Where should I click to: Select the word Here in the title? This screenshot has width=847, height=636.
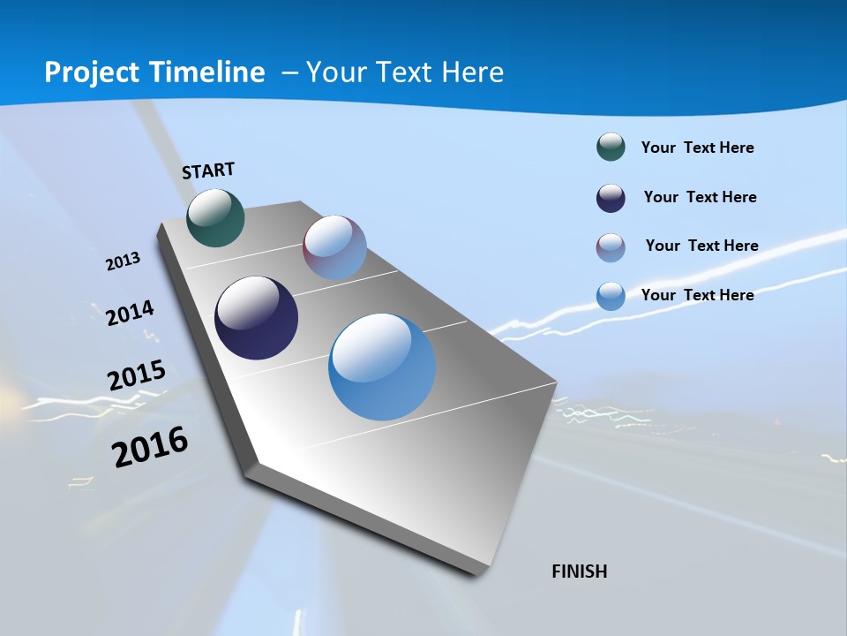pyautogui.click(x=473, y=72)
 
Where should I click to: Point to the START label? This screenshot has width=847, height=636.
pyautogui.click(x=208, y=170)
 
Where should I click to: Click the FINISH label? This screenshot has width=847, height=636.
pyautogui.click(x=580, y=572)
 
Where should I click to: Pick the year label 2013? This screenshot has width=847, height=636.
pyautogui.click(x=123, y=261)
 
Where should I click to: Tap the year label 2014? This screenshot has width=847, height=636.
pyautogui.click(x=130, y=313)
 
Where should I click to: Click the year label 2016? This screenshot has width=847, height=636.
pyautogui.click(x=150, y=447)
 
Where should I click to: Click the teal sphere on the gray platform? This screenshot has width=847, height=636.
pyautogui.click(x=215, y=217)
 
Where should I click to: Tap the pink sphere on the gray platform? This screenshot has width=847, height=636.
pyautogui.click(x=334, y=247)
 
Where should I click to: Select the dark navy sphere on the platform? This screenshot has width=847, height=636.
pyautogui.click(x=257, y=318)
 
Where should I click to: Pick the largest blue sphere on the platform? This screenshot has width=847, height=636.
pyautogui.click(x=382, y=367)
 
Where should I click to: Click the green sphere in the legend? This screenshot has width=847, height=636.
pyautogui.click(x=611, y=147)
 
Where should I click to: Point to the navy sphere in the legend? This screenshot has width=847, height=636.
pyautogui.click(x=611, y=198)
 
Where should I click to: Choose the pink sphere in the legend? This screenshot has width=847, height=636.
pyautogui.click(x=611, y=247)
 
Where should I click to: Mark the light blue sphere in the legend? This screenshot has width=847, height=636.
pyautogui.click(x=611, y=296)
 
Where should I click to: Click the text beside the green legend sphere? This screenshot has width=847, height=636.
pyautogui.click(x=697, y=148)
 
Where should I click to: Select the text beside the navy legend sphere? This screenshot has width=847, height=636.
pyautogui.click(x=700, y=197)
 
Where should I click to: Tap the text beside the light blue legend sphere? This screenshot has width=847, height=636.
pyautogui.click(x=697, y=295)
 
